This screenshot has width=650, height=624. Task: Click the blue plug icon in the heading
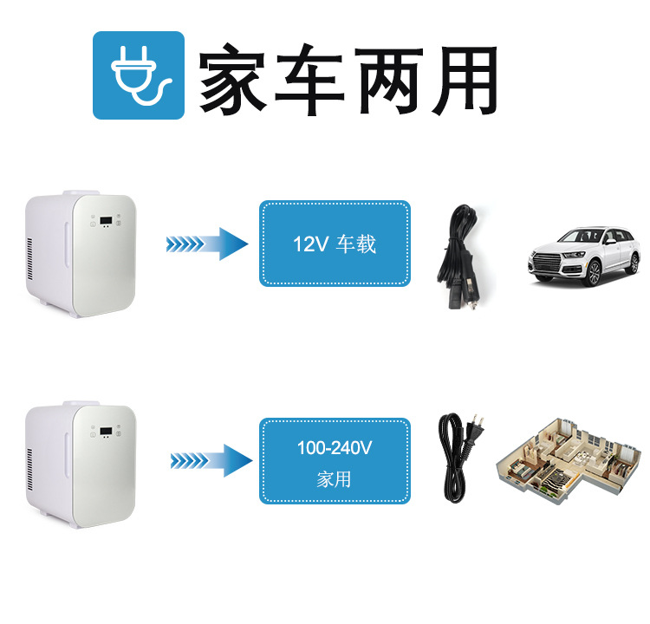click(x=139, y=75)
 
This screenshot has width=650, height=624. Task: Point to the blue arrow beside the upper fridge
click(x=207, y=244)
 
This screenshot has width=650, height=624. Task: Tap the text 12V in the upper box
click(x=309, y=244)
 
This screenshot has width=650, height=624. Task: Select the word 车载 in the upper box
click(x=356, y=244)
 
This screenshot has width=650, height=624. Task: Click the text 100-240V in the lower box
click(x=335, y=448)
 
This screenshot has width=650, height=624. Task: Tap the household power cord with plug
click(x=457, y=453)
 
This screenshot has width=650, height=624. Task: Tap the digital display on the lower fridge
click(x=106, y=431)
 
